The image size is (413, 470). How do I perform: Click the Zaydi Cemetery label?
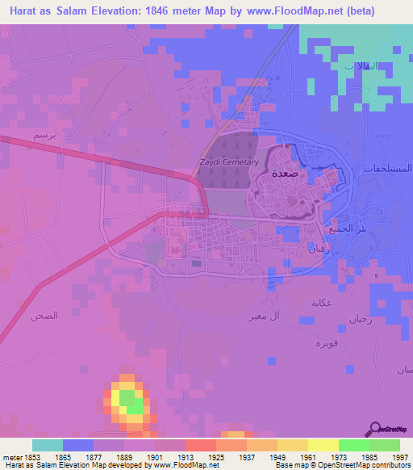228,162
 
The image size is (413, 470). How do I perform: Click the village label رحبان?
361,319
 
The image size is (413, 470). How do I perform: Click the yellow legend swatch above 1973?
323,444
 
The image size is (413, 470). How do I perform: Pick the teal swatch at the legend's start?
48,444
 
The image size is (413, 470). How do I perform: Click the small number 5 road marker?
375,275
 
